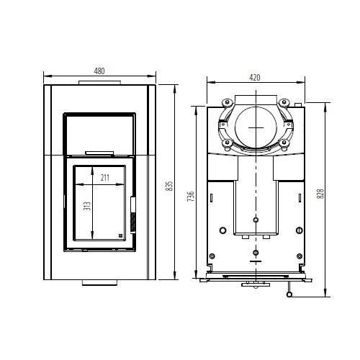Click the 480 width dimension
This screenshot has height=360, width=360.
[x=99, y=71]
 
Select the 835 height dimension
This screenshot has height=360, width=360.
[x=169, y=186]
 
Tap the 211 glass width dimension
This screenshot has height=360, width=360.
[x=105, y=177]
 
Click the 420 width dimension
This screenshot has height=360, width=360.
[x=254, y=77]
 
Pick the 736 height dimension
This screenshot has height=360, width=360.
[x=191, y=195]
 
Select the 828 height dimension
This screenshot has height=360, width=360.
[x=320, y=194]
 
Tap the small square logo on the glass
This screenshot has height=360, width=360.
[x=121, y=235]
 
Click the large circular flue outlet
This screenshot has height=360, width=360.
[x=255, y=127]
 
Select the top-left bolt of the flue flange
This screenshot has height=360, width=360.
[x=225, y=101]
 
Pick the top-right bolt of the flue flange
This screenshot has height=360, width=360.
[x=284, y=101]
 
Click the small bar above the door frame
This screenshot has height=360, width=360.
[x=99, y=153]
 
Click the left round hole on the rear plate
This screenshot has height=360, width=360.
[x=222, y=230]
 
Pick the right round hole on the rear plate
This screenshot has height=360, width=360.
[x=300, y=230]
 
